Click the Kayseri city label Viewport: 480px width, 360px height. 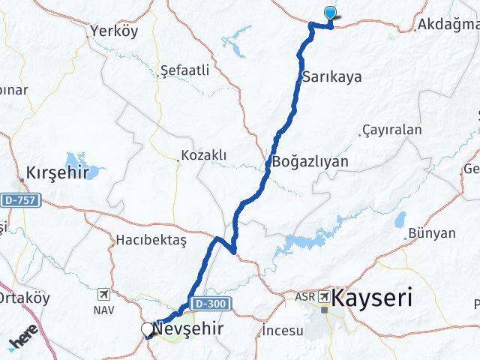click(373, 298)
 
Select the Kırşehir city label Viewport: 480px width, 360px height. click(58, 172)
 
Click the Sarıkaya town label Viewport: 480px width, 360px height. click(331, 76)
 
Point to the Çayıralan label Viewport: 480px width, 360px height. click(391, 130)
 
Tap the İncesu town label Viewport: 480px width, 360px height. click(283, 331)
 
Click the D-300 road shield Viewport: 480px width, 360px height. click(212, 302)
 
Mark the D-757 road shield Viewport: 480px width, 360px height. click(19, 200)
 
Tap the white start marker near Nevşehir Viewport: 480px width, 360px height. click(147, 328)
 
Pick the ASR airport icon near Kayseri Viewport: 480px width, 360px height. click(325, 297)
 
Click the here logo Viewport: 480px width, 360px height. click(24, 340)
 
